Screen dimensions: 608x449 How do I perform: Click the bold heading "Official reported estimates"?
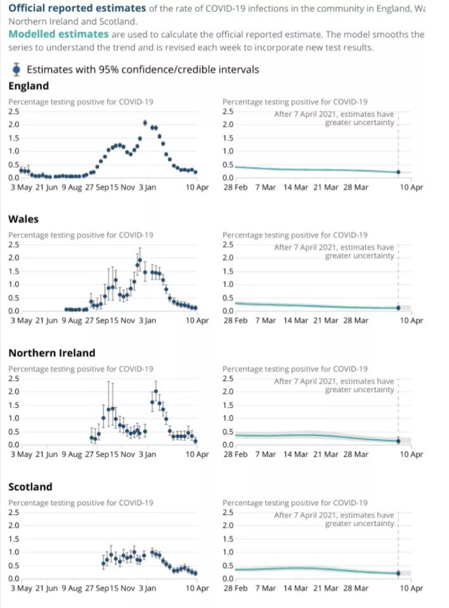pos(77,8)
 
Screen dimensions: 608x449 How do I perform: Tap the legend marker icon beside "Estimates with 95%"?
pos(16,69)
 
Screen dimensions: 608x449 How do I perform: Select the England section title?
pos(28,86)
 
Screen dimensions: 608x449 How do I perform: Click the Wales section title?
pos(23,219)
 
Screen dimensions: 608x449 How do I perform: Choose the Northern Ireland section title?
pos(51,353)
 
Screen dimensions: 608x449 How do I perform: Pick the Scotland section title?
pos(30,486)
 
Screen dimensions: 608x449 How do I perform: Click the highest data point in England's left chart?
pos(145,123)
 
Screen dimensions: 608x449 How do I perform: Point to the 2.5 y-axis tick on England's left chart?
pos(13,111)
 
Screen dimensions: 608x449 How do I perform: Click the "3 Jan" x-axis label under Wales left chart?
pos(147,321)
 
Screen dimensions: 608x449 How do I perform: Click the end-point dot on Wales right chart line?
pos(398,307)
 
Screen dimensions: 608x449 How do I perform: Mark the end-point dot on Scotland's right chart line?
pos(398,572)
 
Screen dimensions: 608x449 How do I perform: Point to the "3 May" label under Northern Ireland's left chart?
pos(21,455)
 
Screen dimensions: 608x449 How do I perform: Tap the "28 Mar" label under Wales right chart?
pos(355,321)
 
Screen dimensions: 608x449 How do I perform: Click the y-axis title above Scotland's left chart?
pos(81,503)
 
